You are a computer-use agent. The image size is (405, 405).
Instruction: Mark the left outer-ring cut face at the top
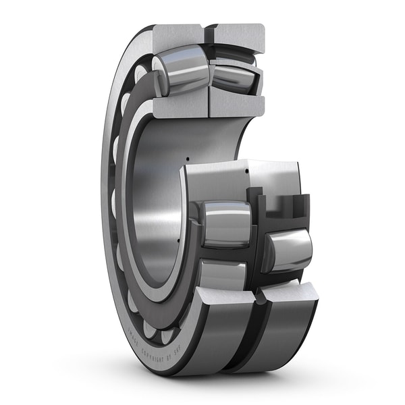click(177, 35)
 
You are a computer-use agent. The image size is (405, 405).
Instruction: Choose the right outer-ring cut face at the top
click(237, 35)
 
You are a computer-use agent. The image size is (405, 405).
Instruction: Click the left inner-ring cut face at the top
click(180, 105)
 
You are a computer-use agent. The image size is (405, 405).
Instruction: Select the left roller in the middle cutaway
click(227, 223)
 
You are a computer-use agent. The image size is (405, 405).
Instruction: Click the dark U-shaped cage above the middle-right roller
click(283, 206)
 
